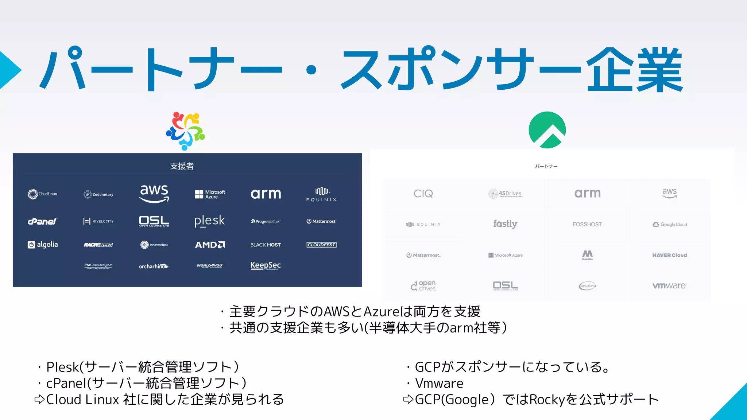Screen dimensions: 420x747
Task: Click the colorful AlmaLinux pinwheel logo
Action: pyautogui.click(x=185, y=131)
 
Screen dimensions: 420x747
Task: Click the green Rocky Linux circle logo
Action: pyautogui.click(x=547, y=130)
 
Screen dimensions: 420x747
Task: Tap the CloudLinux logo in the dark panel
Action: pyautogui.click(x=43, y=194)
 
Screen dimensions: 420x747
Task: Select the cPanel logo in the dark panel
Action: pyautogui.click(x=43, y=221)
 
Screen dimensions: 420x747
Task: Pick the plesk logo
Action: pyautogui.click(x=210, y=221)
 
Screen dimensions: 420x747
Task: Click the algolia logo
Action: pyautogui.click(x=43, y=245)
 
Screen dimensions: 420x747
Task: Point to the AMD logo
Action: pyautogui.click(x=210, y=245)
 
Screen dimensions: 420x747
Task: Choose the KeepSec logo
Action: pyautogui.click(x=266, y=266)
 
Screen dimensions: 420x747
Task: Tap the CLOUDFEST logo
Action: pyautogui.click(x=321, y=245)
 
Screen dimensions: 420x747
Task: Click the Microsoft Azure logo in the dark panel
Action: pyautogui.click(x=210, y=194)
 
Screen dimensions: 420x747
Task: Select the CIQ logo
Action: pyautogui.click(x=423, y=194)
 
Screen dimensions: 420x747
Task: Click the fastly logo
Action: pyautogui.click(x=505, y=224)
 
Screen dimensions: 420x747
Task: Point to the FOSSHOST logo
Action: pyautogui.click(x=587, y=224)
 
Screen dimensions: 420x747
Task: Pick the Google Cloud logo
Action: pyautogui.click(x=670, y=224)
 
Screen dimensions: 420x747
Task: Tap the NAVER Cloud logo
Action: pyautogui.click(x=669, y=255)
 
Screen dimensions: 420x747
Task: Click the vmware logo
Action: pyautogui.click(x=669, y=286)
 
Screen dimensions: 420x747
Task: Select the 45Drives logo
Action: pyautogui.click(x=506, y=194)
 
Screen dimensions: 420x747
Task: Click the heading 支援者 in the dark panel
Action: pyautogui.click(x=182, y=166)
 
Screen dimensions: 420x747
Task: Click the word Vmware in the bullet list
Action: pyautogui.click(x=439, y=383)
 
